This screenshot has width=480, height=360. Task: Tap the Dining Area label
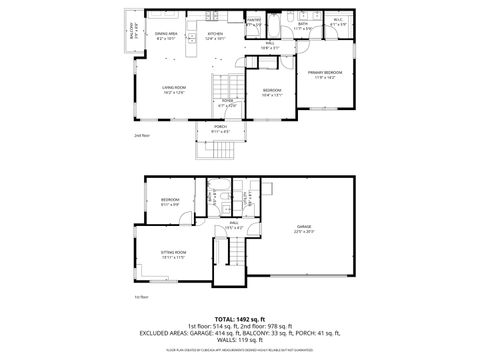coord(166,36)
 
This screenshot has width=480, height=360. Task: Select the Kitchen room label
coord(216,36)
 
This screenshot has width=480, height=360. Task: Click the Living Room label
coord(175,90)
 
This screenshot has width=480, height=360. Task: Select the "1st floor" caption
coord(140,297)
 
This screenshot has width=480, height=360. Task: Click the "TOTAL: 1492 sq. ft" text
coord(240,319)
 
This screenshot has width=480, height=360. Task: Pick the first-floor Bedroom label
coord(169,203)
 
